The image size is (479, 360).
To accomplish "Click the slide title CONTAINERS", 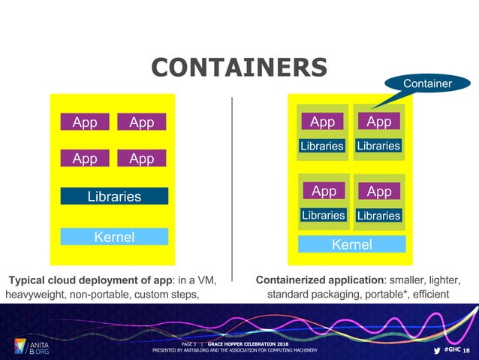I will coord(239,66).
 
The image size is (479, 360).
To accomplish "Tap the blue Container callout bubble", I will coord(427,84).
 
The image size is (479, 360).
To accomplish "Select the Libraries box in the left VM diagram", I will coord(114,196).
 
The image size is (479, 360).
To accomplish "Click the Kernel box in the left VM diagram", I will coord(114,237).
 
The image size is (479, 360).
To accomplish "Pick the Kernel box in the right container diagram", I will coord(351,244).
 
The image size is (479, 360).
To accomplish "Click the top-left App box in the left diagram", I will coord(85,123).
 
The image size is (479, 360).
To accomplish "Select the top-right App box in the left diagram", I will coord(142,123).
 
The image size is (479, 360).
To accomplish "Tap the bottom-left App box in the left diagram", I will coord(85,158).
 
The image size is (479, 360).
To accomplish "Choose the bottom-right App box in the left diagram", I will coord(142,158).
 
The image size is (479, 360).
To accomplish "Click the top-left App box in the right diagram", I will coord(322,122).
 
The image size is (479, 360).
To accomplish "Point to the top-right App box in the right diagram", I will coord(378,122).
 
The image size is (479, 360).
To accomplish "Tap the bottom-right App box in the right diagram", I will coord(378,192).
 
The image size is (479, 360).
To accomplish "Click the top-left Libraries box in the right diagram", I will coord(322,146).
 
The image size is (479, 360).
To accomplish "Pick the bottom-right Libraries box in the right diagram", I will coord(378,216).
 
